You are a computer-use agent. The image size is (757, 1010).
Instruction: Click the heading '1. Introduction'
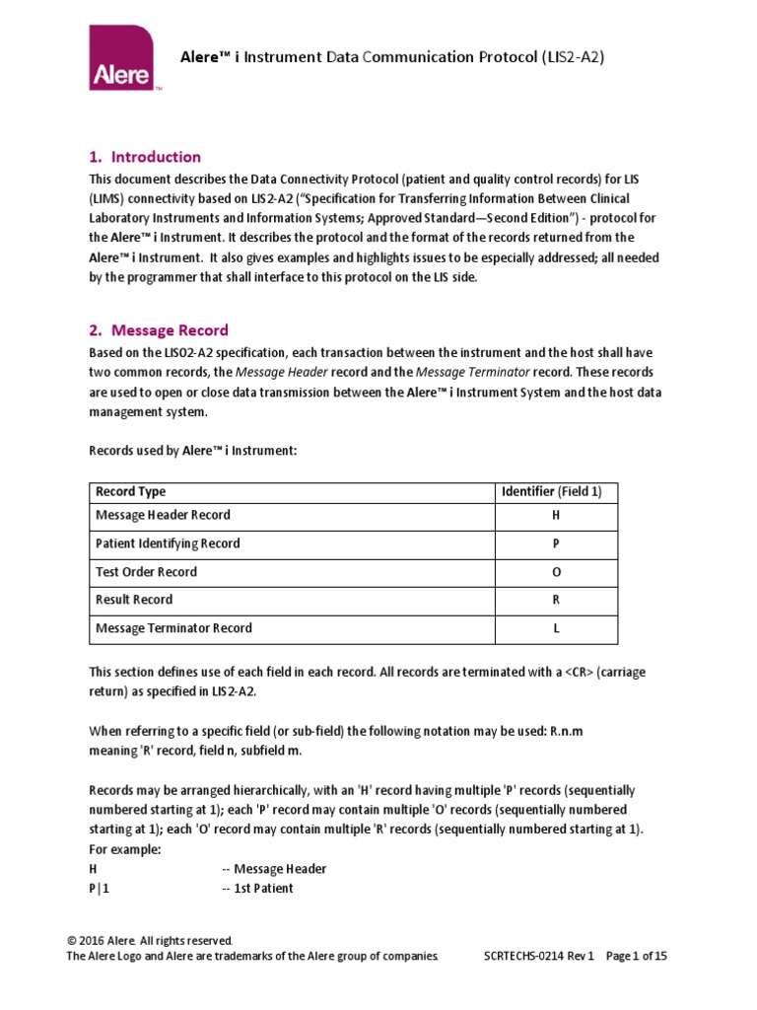click(x=145, y=157)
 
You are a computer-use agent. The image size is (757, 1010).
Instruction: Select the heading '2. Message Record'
click(x=158, y=329)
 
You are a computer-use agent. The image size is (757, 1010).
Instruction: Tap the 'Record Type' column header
click(x=130, y=491)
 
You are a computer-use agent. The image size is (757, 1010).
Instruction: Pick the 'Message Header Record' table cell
click(x=163, y=515)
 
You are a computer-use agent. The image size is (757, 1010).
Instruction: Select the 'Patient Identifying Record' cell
click(x=168, y=543)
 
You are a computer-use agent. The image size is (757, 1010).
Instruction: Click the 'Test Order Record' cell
click(x=146, y=572)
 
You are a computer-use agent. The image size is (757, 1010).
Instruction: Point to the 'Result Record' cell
click(x=134, y=600)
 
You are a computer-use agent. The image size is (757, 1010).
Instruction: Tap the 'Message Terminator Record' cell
click(x=173, y=628)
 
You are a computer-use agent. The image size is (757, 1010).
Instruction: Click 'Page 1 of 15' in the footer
click(x=637, y=956)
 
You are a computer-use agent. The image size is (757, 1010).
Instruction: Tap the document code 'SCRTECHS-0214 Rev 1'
click(x=539, y=956)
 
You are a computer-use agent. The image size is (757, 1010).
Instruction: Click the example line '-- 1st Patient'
click(x=257, y=888)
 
